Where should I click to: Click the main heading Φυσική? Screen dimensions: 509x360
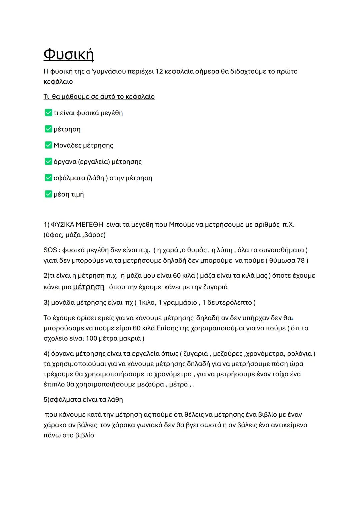[69, 54]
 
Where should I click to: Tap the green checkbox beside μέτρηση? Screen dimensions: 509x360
[48, 129]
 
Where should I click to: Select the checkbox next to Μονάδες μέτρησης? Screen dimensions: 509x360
[48, 145]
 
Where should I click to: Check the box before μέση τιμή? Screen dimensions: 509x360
[48, 194]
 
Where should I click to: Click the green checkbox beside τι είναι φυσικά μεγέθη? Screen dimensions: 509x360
[48, 113]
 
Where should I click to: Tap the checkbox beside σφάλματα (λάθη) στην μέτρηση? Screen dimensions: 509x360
[48, 178]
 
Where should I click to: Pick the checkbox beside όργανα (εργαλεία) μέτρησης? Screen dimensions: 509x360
[48, 161]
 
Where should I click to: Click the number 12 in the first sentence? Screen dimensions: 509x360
[159, 71]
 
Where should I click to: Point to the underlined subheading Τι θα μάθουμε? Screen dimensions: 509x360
[99, 97]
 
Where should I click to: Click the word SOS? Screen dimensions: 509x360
[50, 250]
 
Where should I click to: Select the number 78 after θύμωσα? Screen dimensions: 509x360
[301, 260]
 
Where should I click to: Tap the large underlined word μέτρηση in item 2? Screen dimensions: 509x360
[89, 287]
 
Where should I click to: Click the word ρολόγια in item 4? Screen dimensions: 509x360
[300, 354]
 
